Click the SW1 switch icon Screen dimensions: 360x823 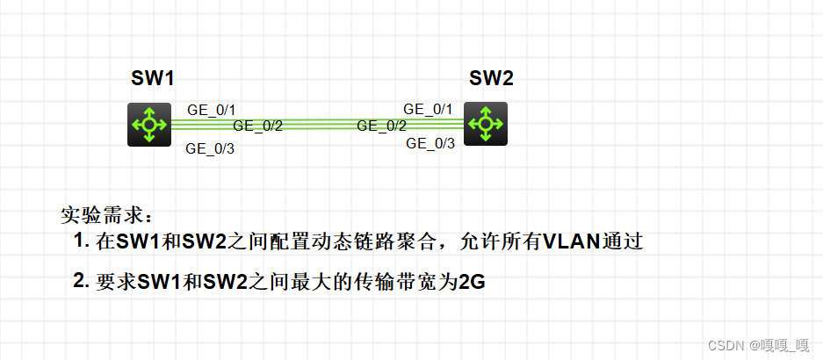(x=149, y=125)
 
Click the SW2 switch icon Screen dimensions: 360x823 (x=485, y=124)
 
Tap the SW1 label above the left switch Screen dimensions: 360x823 (x=153, y=78)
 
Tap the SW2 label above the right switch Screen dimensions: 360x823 (x=491, y=78)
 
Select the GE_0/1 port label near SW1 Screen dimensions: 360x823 (x=211, y=110)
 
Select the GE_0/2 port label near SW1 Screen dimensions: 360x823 (x=257, y=126)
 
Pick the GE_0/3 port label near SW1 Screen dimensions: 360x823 (x=210, y=148)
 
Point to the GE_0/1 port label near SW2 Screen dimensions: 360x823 (x=428, y=109)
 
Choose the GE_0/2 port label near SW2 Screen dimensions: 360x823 (x=381, y=126)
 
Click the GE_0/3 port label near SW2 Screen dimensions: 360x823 (x=430, y=143)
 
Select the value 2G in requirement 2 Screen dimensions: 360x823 (x=472, y=283)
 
